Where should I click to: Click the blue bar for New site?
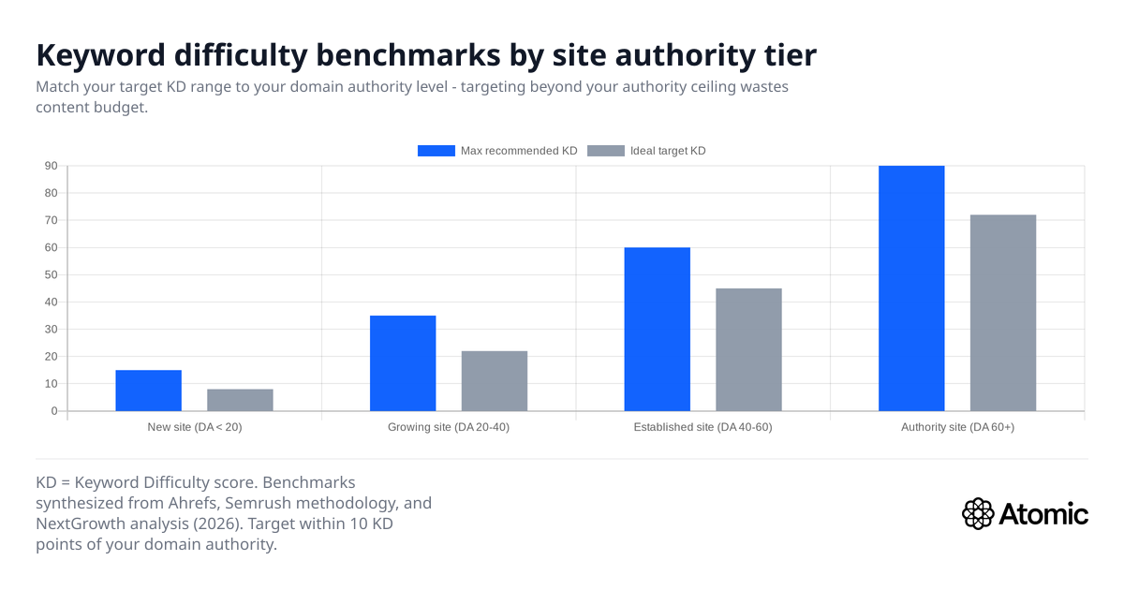148,391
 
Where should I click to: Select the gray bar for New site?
240,400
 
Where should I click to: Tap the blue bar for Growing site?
403,363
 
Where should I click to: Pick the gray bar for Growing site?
495,381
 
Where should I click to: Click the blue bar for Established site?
657,329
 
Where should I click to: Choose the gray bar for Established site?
748,349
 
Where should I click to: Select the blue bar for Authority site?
911,288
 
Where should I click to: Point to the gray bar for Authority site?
1003,313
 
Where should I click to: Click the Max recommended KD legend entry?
496,151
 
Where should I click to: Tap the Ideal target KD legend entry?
646,151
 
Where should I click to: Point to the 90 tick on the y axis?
51,166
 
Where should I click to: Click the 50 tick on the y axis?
51,275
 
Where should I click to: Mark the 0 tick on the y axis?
54,411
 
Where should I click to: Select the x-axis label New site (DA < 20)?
195,427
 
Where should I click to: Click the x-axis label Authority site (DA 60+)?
957,427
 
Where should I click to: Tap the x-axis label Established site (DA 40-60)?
702,427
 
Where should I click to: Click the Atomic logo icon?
978,513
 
